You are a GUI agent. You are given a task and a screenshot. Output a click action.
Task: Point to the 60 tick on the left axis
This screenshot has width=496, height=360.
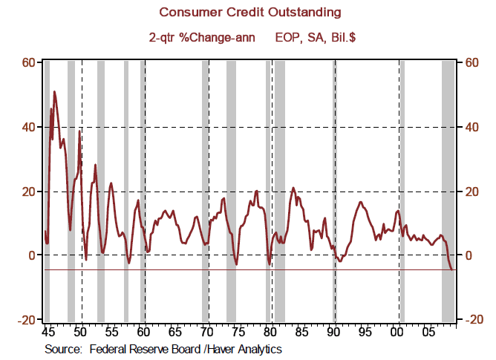[28, 62]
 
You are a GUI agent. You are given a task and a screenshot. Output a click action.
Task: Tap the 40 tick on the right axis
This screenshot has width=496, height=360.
[471, 127]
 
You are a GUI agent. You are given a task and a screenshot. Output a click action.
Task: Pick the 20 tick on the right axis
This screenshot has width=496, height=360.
[471, 192]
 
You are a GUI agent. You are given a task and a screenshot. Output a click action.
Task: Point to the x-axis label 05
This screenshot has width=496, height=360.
[428, 333]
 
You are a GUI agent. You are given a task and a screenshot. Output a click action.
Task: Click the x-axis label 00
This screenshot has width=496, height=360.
[397, 333]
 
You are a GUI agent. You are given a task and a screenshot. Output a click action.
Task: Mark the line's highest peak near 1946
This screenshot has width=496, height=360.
[54, 92]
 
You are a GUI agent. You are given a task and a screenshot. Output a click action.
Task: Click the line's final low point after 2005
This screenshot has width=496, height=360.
[452, 269]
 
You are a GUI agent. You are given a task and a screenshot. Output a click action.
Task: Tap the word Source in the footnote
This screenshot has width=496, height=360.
[62, 347]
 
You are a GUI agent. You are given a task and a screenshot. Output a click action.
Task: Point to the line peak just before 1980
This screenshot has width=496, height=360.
[257, 192]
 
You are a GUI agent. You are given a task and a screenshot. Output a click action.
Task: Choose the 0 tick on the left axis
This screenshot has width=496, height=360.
[33, 256]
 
